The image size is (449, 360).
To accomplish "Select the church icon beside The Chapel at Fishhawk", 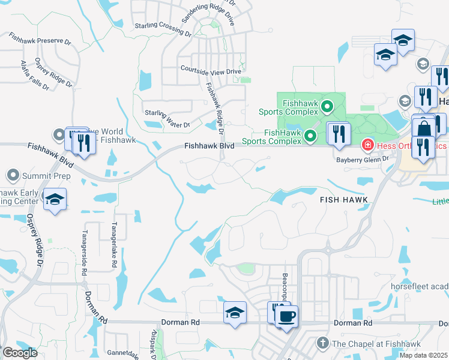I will point(322,343).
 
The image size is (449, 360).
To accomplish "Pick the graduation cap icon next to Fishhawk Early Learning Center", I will point(55,200).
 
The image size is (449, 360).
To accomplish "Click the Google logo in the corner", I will point(20,353).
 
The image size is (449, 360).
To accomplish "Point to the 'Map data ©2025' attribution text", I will point(424,355).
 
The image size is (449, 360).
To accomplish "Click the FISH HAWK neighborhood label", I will point(343,199).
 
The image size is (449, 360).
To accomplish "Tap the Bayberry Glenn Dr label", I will point(363,159).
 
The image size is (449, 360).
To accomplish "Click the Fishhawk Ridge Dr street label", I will point(214,108).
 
